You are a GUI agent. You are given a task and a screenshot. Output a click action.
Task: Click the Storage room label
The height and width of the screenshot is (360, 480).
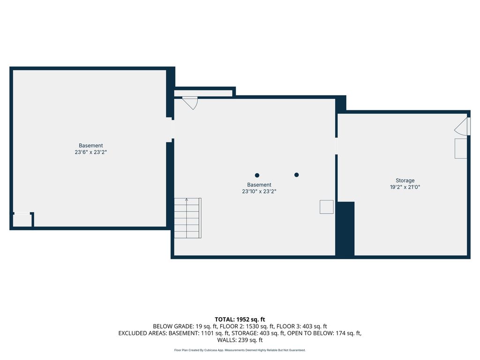405,180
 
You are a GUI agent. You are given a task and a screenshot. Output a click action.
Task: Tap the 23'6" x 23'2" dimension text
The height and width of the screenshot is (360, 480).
90,152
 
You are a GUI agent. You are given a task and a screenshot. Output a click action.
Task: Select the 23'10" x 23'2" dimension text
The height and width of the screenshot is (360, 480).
259,191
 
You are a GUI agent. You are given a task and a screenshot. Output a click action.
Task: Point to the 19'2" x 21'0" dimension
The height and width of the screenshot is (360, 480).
405,187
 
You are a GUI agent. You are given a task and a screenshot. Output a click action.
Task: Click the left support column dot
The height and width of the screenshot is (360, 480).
257,175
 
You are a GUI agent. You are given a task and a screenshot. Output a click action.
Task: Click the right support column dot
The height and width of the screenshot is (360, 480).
296,175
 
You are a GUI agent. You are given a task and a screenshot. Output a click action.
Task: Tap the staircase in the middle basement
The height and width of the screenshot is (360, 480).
187,218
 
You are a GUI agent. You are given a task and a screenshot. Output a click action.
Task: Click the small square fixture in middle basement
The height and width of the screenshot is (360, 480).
327,207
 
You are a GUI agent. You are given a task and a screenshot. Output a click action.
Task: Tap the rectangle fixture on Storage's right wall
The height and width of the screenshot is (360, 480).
461,149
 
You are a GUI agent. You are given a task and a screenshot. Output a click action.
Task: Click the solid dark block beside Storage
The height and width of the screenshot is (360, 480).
345,228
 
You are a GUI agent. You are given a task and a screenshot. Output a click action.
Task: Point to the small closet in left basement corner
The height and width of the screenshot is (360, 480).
22,220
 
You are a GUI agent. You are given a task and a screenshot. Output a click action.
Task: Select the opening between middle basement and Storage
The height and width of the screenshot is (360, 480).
337,146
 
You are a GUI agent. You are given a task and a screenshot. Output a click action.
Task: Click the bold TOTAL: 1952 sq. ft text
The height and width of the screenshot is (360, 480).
240,320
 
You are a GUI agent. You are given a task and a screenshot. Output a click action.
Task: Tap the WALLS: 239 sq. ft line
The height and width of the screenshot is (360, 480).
240,340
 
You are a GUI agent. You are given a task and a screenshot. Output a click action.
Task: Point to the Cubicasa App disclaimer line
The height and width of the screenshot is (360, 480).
240,350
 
